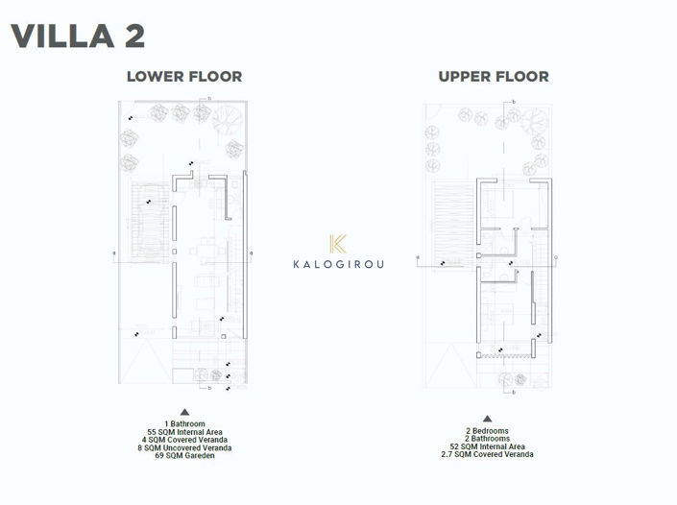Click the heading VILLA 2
click(78, 36)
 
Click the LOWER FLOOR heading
click(184, 77)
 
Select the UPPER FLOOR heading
click(494, 77)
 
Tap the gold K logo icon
click(337, 244)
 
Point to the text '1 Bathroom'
click(184, 423)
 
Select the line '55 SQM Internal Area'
click(184, 431)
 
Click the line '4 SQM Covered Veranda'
click(184, 440)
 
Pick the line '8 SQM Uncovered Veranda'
click(184, 447)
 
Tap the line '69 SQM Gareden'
click(184, 455)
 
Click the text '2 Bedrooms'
click(488, 431)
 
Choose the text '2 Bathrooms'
click(488, 439)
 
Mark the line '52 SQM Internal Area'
click(488, 446)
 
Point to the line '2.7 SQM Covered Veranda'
click(488, 454)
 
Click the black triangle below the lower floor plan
click(184, 411)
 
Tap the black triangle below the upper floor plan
click(488, 419)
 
